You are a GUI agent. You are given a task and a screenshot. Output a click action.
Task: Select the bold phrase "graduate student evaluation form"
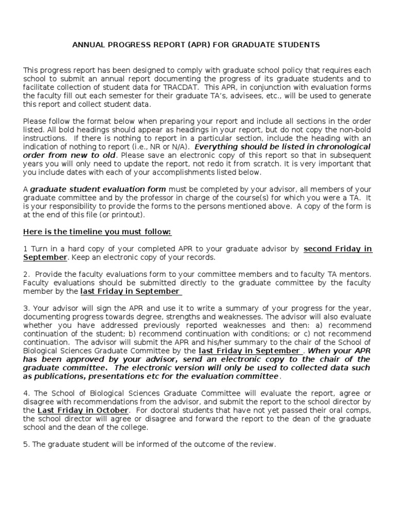(98, 189)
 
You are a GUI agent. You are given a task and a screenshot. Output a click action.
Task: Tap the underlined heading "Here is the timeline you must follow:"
(97, 232)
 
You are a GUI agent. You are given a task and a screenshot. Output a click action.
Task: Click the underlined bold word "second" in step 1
(320, 249)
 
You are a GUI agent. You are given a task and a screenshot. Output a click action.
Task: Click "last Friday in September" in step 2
(130, 291)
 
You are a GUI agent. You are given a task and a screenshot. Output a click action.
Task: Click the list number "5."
(26, 444)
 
